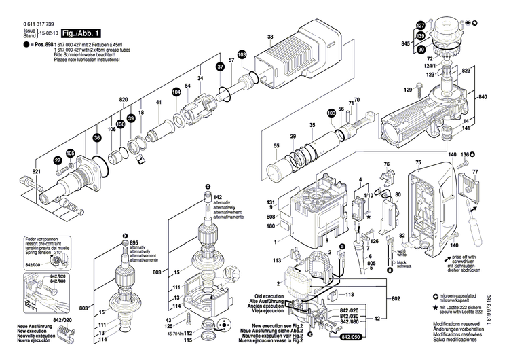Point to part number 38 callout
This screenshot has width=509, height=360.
pos(270,37)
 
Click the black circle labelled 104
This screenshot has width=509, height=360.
pos(176,92)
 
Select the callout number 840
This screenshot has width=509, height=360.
pos(483,98)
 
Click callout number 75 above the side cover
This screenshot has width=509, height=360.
pos(418,162)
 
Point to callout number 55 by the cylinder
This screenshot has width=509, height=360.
pos(257,145)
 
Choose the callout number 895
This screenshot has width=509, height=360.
pos(134,243)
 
